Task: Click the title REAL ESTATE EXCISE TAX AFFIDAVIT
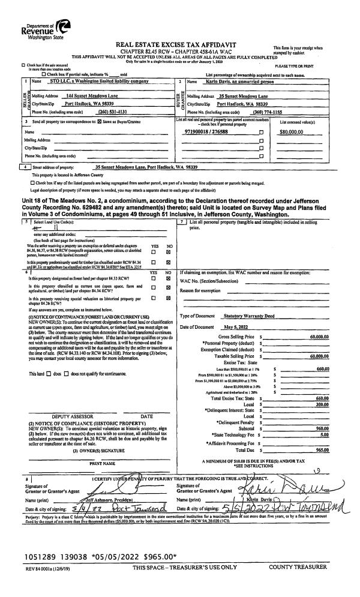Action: (x=179, y=44)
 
